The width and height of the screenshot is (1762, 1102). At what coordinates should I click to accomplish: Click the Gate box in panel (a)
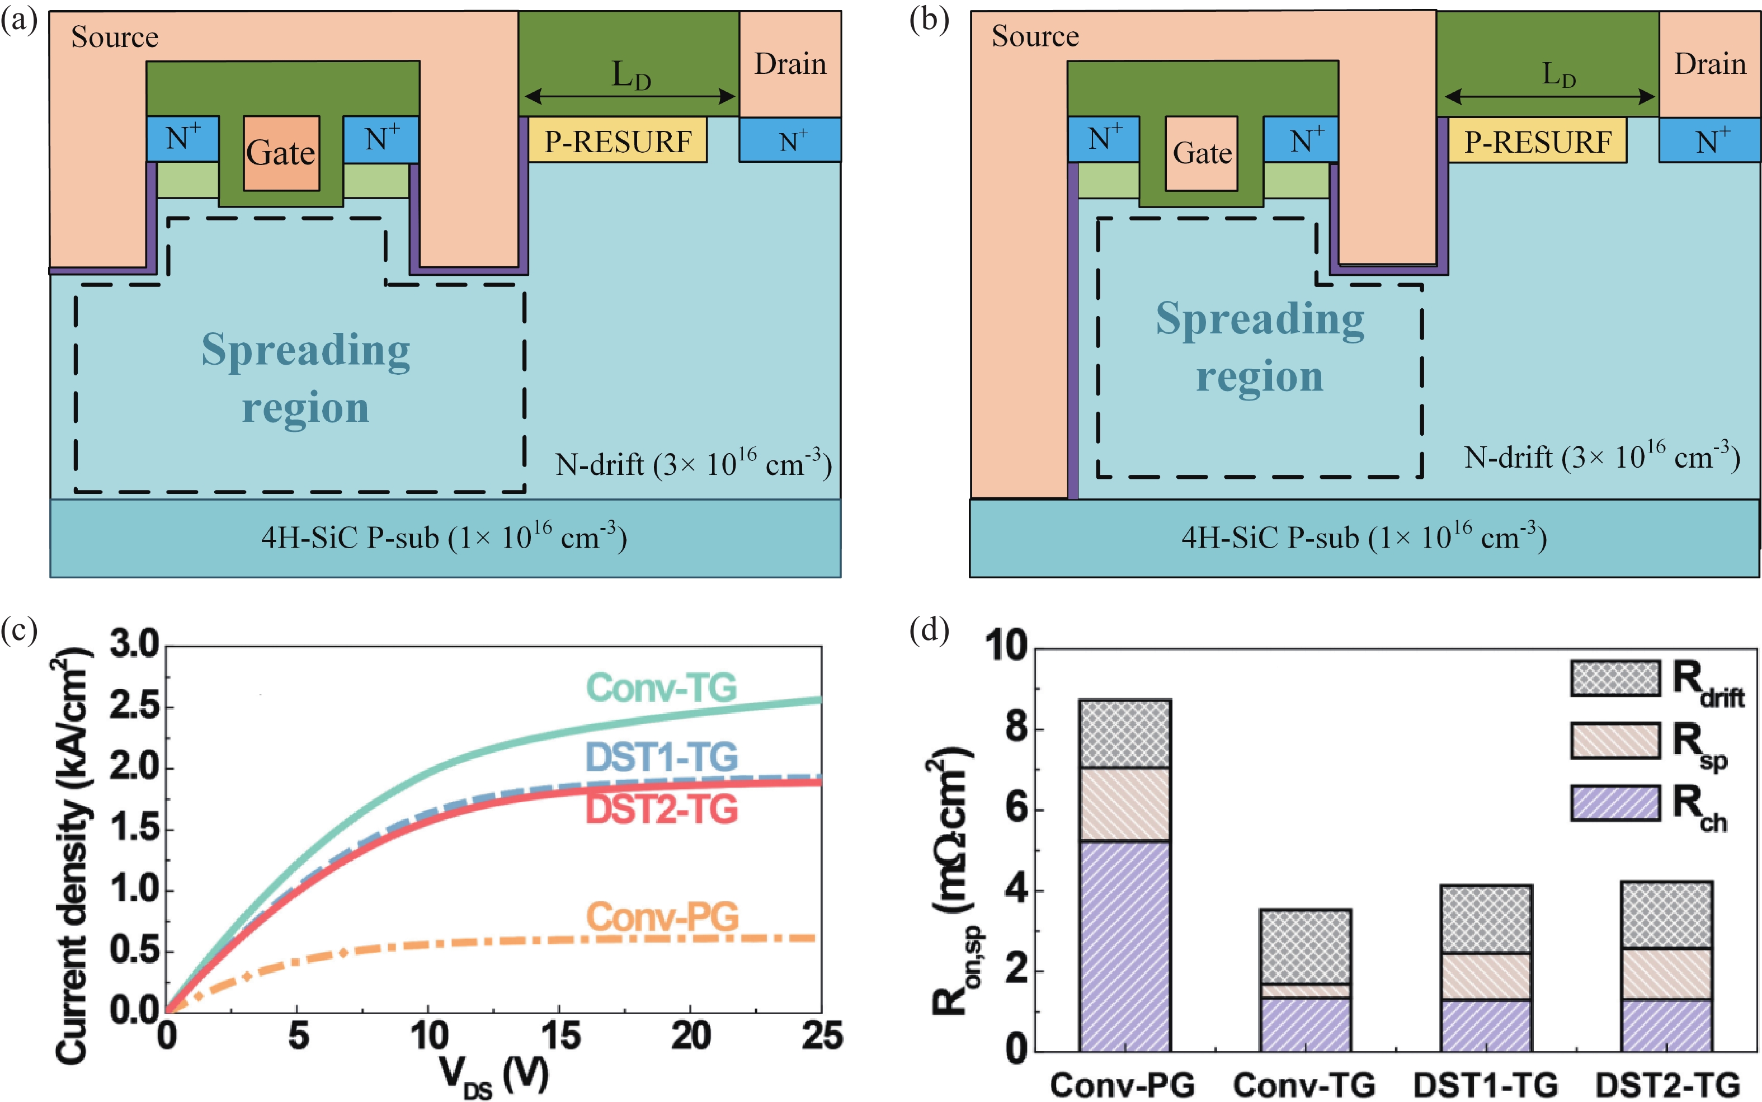tap(281, 153)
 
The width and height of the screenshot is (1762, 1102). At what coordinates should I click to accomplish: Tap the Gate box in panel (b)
tap(1201, 153)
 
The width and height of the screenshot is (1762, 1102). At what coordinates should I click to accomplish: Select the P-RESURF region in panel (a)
tap(617, 140)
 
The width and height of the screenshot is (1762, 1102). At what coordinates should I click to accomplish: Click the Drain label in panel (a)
tap(790, 64)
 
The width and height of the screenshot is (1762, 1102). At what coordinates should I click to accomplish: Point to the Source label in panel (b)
tap(1035, 36)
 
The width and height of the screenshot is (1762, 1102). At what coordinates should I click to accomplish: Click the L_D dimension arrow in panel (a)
tap(630, 96)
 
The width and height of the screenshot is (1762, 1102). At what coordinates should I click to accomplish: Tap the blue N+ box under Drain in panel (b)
tap(1709, 140)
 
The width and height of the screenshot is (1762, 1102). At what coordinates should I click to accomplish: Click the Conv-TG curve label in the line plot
tap(662, 687)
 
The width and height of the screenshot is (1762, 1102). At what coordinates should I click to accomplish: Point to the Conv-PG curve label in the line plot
tap(662, 916)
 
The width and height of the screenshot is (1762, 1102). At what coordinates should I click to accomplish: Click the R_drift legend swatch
tap(1615, 678)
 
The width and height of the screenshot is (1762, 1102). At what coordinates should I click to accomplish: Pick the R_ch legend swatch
tap(1615, 803)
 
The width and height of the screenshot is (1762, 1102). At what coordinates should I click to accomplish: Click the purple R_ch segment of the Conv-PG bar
tap(1124, 946)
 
